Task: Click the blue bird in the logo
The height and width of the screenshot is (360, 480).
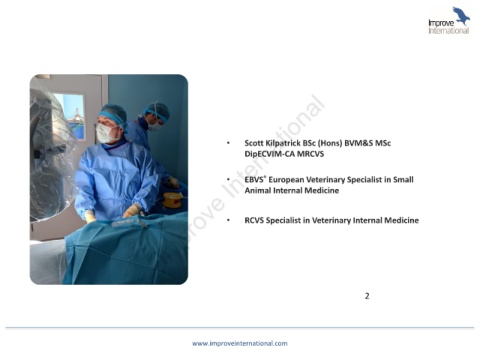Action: (461, 16)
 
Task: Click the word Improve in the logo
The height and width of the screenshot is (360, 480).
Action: (441, 23)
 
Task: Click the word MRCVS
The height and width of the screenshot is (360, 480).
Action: (310, 154)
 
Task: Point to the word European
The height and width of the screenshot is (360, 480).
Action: (286, 180)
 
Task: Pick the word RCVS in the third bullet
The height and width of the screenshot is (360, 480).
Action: (254, 220)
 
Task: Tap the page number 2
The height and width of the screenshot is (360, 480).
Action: (367, 296)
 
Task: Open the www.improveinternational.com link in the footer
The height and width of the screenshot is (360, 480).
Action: (240, 343)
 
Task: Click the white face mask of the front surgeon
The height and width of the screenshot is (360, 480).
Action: (105, 133)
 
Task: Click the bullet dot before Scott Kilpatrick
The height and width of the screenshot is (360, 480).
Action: (228, 143)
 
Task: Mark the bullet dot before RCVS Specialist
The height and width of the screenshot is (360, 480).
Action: (228, 220)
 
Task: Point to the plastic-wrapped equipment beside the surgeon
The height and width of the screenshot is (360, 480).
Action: (52, 153)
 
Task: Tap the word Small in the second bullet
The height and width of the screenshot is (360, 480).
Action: (403, 180)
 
